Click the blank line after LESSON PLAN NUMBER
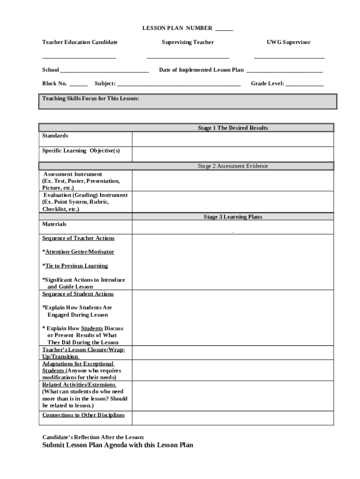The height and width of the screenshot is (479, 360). pos(224,29)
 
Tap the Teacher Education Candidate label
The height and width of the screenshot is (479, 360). pos(80,42)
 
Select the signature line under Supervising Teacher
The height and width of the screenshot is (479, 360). pos(188,57)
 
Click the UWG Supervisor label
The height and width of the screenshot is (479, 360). pos(288,42)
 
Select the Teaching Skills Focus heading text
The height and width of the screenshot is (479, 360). pos(91,99)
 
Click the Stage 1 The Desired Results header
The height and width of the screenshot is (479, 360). pos(233,128)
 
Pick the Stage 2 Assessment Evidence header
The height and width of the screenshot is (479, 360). pos(233,166)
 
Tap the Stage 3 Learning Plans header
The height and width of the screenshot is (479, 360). pos(233,217)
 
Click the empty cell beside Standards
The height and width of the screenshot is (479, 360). pos(233,139)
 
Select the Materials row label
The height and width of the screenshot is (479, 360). pos(55,224)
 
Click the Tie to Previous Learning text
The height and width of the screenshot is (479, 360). pos(76,266)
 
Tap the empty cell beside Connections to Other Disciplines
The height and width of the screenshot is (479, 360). pos(233,418)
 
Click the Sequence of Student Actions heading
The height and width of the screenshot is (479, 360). pos(78,294)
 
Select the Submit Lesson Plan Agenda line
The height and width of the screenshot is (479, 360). pos(118,445)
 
